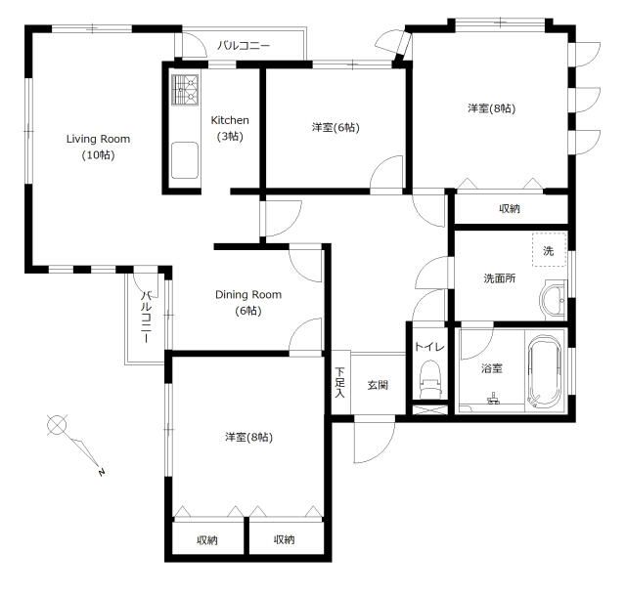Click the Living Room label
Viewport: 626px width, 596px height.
click(98, 139)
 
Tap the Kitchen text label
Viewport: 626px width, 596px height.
click(230, 120)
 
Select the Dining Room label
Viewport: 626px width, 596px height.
click(248, 295)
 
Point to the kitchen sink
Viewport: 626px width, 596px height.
click(185, 160)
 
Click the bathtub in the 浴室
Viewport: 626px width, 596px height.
click(545, 372)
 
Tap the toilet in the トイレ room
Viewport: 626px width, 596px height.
click(429, 379)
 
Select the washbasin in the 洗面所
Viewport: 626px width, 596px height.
click(554, 300)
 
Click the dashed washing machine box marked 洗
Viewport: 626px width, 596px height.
click(550, 249)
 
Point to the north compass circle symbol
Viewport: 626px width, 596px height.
click(57, 424)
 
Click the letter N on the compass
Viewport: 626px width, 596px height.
click(102, 472)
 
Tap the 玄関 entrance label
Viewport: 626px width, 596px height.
click(378, 385)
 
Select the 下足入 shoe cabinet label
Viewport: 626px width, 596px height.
click(339, 382)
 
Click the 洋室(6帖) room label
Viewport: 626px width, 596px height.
click(335, 128)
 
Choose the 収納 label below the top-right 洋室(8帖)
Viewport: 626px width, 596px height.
click(510, 208)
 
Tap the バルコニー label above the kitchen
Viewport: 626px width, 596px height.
click(244, 46)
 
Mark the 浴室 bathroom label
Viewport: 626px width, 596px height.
click(491, 368)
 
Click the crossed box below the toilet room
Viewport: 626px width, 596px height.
click(429, 409)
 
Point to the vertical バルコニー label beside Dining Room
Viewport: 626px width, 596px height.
click(147, 318)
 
